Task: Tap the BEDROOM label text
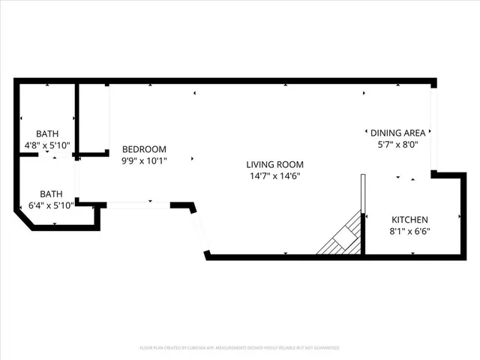pyautogui.click(x=144, y=149)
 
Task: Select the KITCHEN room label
pyautogui.click(x=409, y=220)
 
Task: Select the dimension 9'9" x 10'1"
pyautogui.click(x=144, y=160)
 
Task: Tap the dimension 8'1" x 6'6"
pyautogui.click(x=409, y=232)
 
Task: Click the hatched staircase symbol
pyautogui.click(x=341, y=238)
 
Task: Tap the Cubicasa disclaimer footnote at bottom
pyautogui.click(x=240, y=348)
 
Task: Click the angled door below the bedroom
pyautogui.click(x=200, y=229)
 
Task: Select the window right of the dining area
pyautogui.click(x=433, y=127)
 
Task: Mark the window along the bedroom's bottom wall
pyautogui.click(x=139, y=204)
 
